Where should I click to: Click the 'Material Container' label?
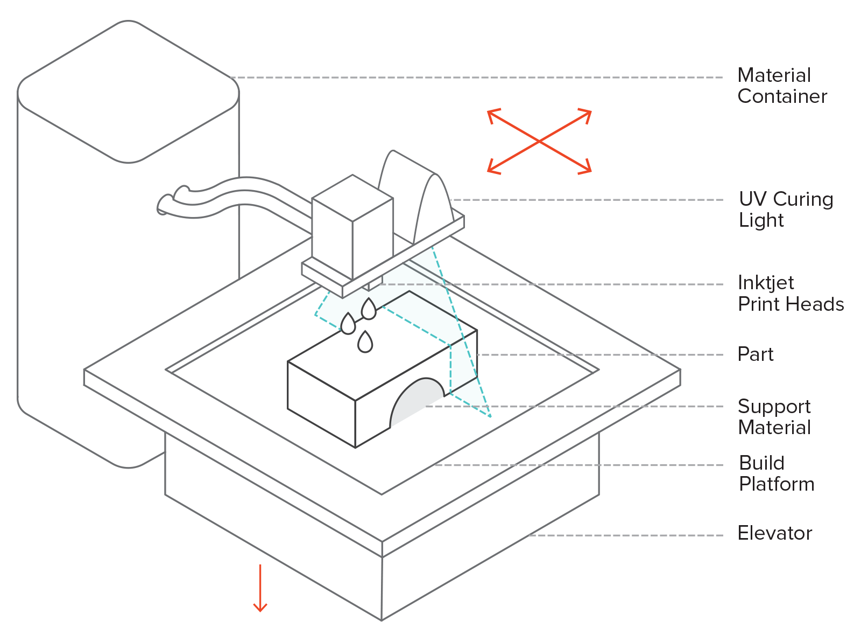(x=781, y=86)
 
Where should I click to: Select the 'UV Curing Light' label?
(x=786, y=209)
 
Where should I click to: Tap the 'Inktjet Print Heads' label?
(x=790, y=293)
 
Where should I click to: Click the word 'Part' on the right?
(x=755, y=354)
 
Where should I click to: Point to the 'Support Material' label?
(x=774, y=416)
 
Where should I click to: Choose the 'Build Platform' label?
(x=776, y=473)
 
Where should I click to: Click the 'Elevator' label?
(x=774, y=533)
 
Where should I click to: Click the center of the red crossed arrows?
(x=539, y=142)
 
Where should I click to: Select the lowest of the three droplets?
(x=365, y=343)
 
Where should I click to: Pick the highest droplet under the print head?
(x=369, y=310)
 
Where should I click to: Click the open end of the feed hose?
(x=163, y=205)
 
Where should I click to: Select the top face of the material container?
(x=128, y=92)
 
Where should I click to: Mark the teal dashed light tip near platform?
(x=490, y=416)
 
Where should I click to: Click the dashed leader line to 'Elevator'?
(x=624, y=535)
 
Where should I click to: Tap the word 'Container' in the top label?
(x=782, y=96)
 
